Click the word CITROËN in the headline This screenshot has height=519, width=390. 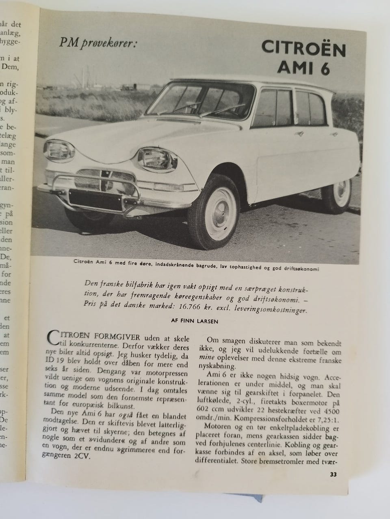coord(303,48)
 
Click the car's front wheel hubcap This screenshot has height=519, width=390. coord(217,210)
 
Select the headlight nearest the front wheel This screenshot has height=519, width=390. coord(155,159)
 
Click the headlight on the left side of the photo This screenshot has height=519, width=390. coord(59,150)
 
